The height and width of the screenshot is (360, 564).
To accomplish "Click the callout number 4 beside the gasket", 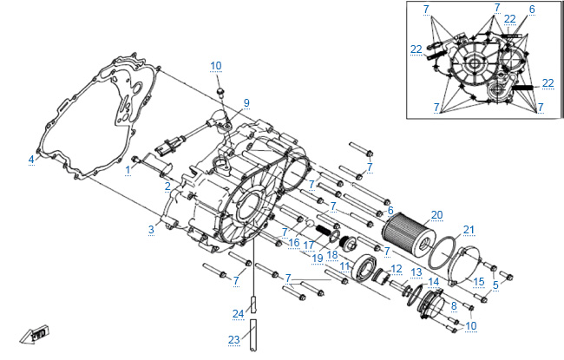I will point(30,160).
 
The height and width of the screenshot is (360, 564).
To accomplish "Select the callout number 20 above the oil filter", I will point(436,213).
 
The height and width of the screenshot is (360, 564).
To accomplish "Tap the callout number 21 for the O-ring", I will point(469,230).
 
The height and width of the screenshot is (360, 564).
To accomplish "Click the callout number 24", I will point(239,312).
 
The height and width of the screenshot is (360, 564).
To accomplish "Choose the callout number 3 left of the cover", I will point(151,229).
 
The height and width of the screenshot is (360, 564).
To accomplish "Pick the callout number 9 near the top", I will point(246,103).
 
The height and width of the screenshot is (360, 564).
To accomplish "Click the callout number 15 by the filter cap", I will point(479,281).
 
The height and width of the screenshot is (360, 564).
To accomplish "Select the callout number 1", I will point(128,168).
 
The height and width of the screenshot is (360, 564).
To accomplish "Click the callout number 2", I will point(167,186).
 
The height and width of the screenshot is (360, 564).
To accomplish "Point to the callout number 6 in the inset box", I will point(532,10).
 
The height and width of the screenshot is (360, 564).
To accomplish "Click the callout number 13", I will point(416,272).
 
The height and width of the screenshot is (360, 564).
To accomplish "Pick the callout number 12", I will point(396,269).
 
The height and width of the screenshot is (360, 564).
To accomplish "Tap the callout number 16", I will point(294,243).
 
